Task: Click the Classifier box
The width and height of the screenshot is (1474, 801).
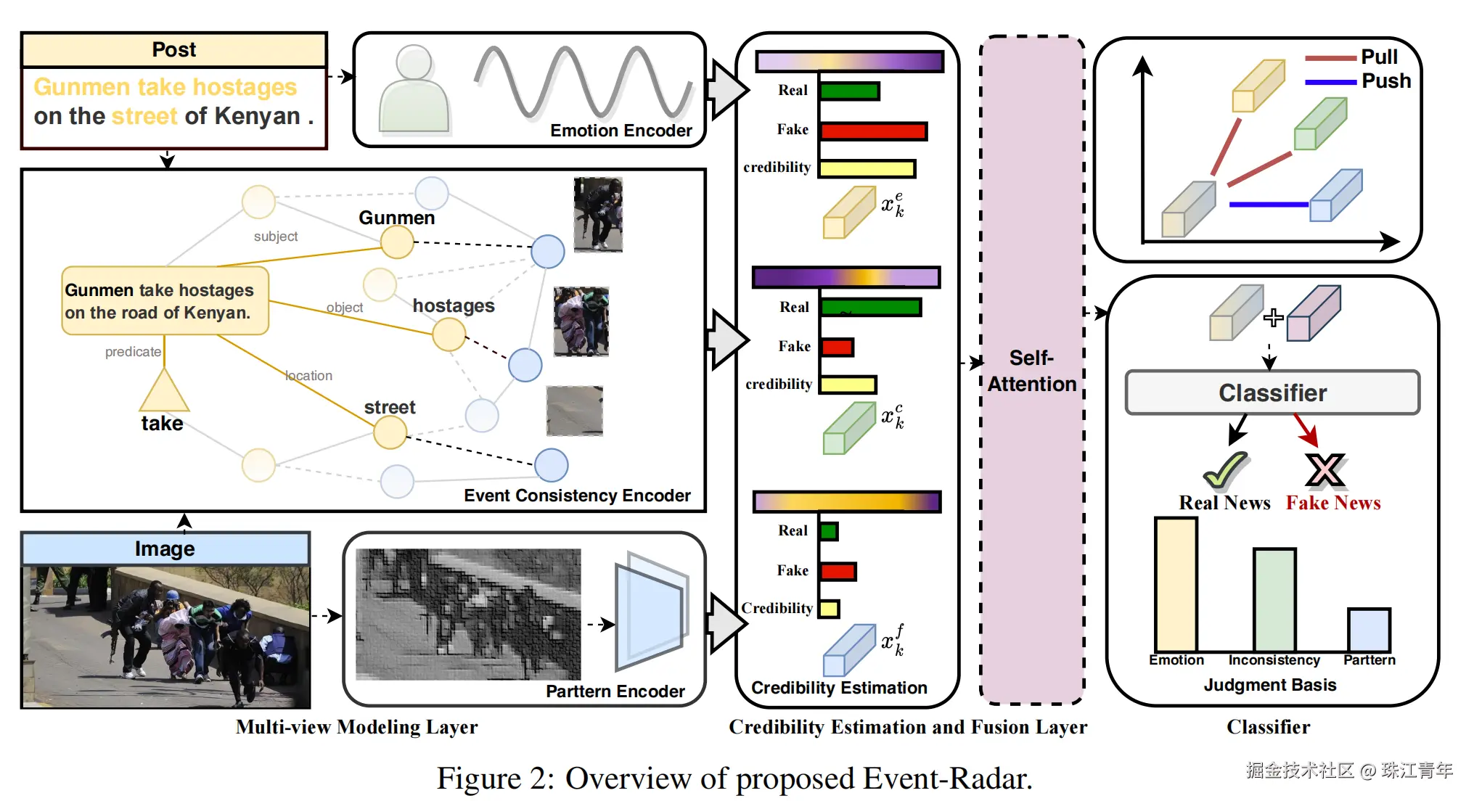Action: point(1272,393)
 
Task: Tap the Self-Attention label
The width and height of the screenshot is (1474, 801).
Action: point(1031,371)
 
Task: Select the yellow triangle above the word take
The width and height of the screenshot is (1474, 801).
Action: point(164,392)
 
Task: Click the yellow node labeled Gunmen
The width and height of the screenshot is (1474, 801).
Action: point(397,242)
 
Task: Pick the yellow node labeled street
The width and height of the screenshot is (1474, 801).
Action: point(390,433)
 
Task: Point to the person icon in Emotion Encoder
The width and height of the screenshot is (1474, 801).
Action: point(414,91)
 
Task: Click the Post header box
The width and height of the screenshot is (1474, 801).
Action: point(174,50)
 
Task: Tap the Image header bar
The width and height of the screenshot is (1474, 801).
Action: point(165,549)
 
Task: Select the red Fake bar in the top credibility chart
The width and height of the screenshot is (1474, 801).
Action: point(874,131)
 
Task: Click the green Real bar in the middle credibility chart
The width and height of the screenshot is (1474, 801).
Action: point(871,308)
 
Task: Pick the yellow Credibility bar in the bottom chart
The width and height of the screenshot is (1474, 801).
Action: point(830,609)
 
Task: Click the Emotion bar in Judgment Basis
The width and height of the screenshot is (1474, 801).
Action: point(1176,584)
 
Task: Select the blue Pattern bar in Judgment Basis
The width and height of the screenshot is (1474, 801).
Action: point(1369,630)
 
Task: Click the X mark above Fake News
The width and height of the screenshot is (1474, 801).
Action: point(1324,470)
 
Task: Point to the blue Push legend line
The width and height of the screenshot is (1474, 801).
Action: point(1330,82)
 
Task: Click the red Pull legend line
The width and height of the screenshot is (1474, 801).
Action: point(1330,58)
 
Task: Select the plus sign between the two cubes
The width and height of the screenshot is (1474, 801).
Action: point(1273,318)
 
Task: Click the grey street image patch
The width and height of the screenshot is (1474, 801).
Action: point(574,411)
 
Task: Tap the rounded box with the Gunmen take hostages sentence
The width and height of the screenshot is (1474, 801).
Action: point(165,301)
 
